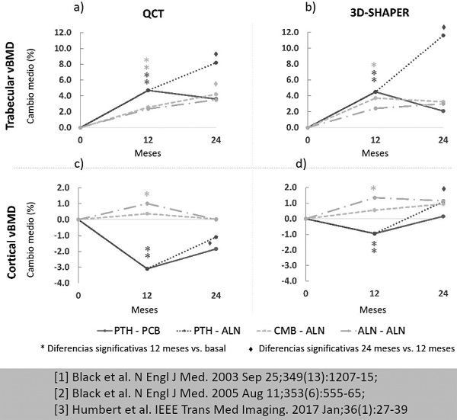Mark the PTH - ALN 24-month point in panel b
[x=443, y=35]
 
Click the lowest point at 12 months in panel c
[x=147, y=268]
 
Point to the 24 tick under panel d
[x=443, y=293]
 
